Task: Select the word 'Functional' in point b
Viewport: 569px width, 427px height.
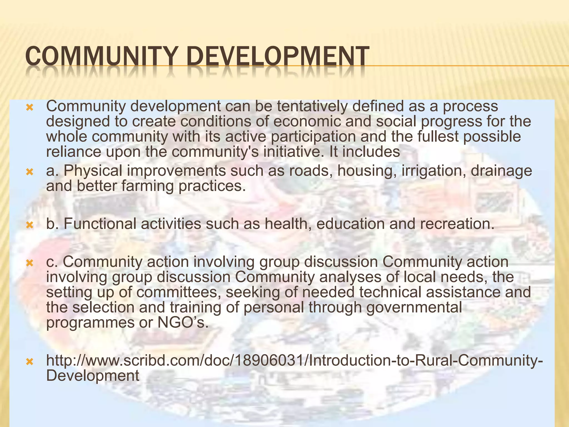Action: click(x=100, y=224)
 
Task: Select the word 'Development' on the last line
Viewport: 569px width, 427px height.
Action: click(x=93, y=376)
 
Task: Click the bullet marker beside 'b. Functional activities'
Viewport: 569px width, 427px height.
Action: click(x=29, y=224)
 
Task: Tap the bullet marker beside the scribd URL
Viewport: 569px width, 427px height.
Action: click(x=29, y=361)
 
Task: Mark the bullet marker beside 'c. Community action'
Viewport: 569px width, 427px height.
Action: click(x=29, y=263)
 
